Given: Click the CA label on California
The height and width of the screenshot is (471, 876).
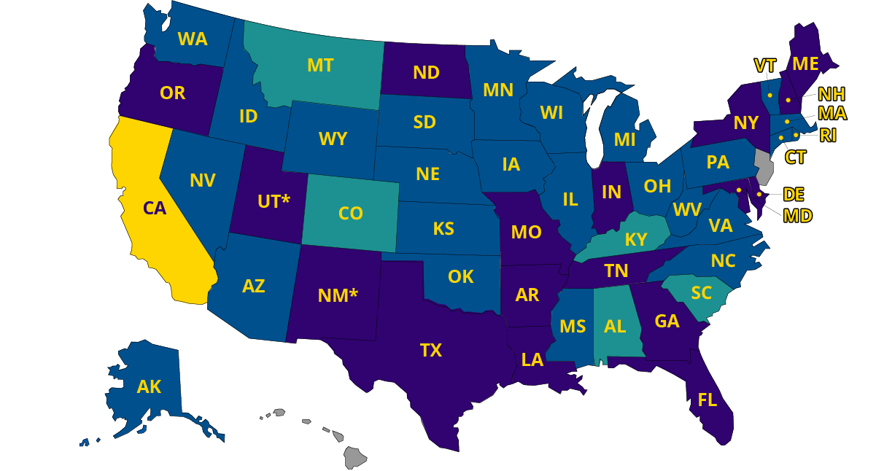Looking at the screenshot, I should pyautogui.click(x=155, y=209).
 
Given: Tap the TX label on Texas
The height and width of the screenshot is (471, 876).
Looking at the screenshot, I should pyautogui.click(x=430, y=351).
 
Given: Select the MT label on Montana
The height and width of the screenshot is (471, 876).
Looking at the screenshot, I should pyautogui.click(x=320, y=66).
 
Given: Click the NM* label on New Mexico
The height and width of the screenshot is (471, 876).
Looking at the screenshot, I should pyautogui.click(x=338, y=296).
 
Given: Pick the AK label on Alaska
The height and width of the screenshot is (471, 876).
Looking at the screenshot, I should pyautogui.click(x=149, y=386).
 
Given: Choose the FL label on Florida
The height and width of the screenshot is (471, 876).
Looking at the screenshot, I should pyautogui.click(x=707, y=400).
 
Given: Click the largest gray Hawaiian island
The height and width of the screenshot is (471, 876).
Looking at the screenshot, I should pyautogui.click(x=355, y=458).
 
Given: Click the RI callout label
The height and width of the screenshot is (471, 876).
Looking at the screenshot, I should pyautogui.click(x=828, y=135).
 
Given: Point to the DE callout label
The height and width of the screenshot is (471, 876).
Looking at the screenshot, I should pyautogui.click(x=794, y=194).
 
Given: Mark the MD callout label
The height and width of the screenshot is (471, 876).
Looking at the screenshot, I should pyautogui.click(x=797, y=215).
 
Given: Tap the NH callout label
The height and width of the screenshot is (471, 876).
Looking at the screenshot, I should pyautogui.click(x=832, y=94).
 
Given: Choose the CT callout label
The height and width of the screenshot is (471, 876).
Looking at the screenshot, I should pyautogui.click(x=795, y=157).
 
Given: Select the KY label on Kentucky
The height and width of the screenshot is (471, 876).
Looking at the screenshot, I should pyautogui.click(x=635, y=239).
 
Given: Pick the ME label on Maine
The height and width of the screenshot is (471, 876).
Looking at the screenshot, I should pyautogui.click(x=805, y=64).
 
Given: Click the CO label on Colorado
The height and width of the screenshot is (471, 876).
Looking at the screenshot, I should pyautogui.click(x=351, y=213).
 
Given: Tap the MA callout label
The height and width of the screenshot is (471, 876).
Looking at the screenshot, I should pyautogui.click(x=832, y=114).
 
